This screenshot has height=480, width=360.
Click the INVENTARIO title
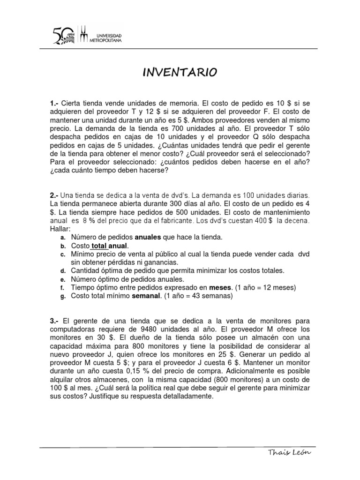coord(180,72)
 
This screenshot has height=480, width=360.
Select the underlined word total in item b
coord(99,246)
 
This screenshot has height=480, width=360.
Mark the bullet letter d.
coord(62,271)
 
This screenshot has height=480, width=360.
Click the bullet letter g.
coord(62,296)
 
